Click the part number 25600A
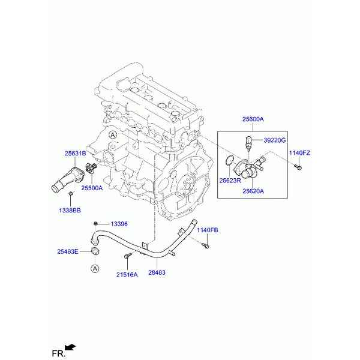tap(253, 119)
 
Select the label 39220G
tap(275, 140)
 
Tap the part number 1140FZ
tap(299, 153)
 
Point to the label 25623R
tap(230, 181)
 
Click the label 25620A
tap(253, 191)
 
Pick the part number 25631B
tap(76, 153)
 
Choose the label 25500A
tap(92, 188)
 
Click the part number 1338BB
tap(70, 211)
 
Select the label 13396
tap(119, 224)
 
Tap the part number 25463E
tap(68, 251)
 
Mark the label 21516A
tap(127, 275)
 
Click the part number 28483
tap(157, 272)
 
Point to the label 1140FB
tap(208, 230)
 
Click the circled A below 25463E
tap(95, 268)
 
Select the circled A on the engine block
tap(113, 135)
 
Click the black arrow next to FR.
tap(70, 347)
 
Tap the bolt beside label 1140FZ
tap(298, 167)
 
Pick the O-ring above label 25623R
tap(229, 160)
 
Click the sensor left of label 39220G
tap(248, 143)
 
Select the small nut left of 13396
tap(96, 223)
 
